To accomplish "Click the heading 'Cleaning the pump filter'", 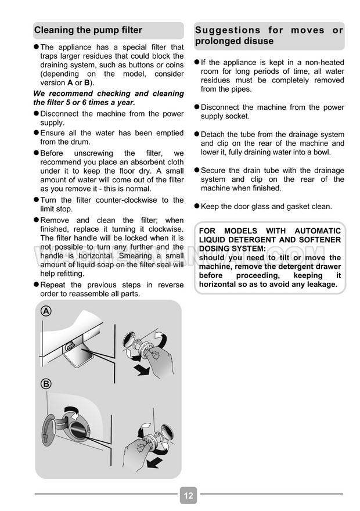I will click(88, 30).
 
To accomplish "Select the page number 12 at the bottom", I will click(188, 495).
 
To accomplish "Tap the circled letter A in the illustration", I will click(46, 312).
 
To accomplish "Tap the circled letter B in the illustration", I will click(46, 384).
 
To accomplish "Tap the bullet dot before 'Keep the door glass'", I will click(196, 206).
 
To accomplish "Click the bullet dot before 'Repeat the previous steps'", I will click(36, 285).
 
